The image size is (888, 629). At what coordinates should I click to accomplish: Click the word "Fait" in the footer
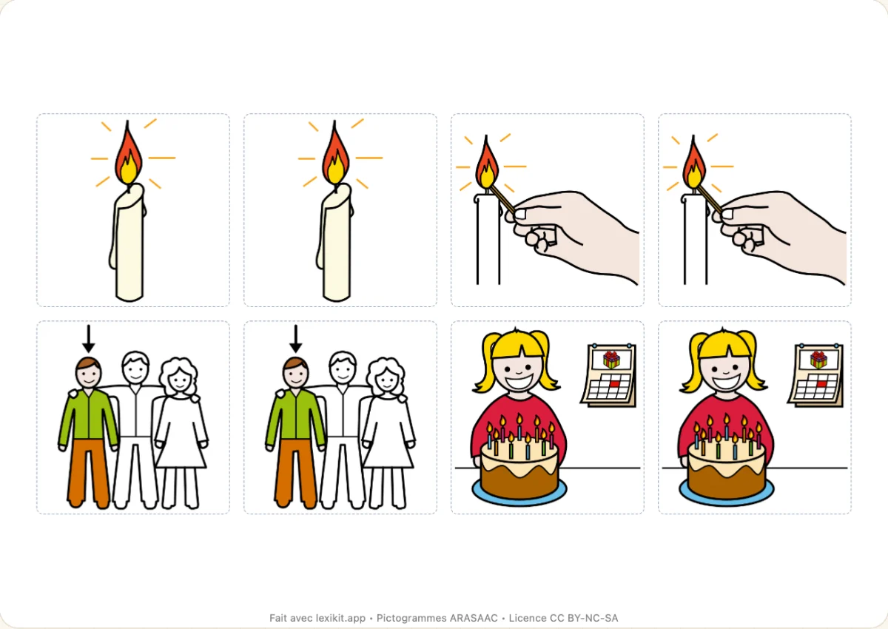278,618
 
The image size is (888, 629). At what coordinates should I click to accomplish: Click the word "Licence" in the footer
526,618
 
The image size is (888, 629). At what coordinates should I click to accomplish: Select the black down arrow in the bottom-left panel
88,338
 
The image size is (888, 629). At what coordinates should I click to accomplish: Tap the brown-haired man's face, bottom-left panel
88,374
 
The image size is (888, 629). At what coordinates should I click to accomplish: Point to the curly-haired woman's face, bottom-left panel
180,380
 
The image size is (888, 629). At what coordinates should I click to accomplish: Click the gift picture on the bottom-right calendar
818,360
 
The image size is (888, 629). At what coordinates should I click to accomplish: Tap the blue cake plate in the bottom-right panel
726,494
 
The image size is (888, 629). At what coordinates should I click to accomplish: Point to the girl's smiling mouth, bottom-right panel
725,383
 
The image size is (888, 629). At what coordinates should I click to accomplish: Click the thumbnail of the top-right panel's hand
727,214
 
